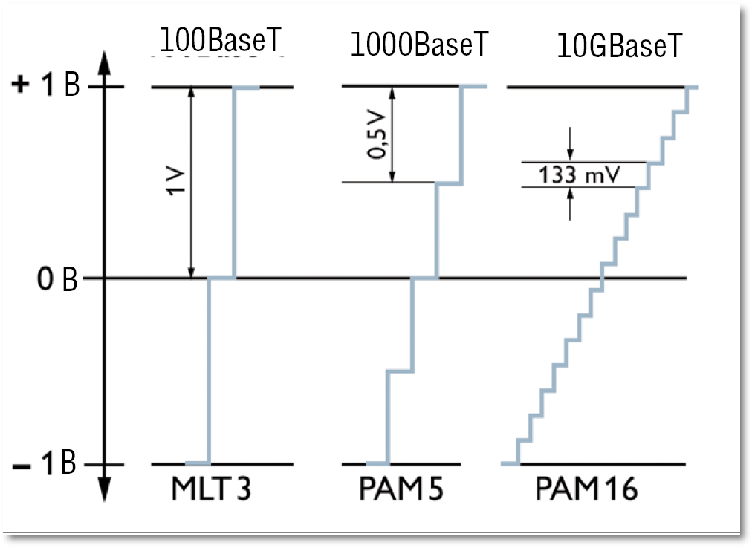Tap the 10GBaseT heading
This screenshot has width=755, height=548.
tap(619, 48)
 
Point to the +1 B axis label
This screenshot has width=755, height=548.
tap(47, 87)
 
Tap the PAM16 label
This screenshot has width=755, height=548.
tap(585, 490)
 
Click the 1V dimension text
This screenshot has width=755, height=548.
tap(176, 182)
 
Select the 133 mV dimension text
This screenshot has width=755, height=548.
tap(583, 175)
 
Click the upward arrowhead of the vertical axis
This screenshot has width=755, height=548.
tap(104, 62)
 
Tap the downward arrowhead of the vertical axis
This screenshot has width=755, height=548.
tap(104, 490)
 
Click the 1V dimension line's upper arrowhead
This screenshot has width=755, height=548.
tap(192, 94)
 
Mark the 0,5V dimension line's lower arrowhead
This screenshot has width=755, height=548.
tap(392, 177)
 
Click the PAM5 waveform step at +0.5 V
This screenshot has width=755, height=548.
tap(449, 183)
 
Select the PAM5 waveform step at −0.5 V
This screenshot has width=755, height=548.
tap(401, 371)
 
